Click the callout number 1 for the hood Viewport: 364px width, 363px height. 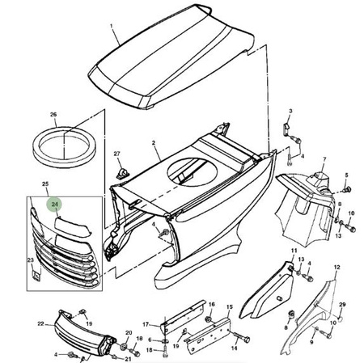pyautogui.click(x=112, y=26)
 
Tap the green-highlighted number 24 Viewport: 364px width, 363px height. pyautogui.click(x=55, y=205)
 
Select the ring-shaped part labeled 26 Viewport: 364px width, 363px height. pyautogui.click(x=64, y=147)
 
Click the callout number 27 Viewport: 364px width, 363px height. pyautogui.click(x=116, y=154)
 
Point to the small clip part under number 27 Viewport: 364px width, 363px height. pyautogui.click(x=123, y=173)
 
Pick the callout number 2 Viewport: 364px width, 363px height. pyautogui.click(x=154, y=142)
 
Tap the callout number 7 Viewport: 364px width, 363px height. pyautogui.click(x=324, y=159)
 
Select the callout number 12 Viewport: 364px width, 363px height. pyautogui.click(x=336, y=268)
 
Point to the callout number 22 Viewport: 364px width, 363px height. pyautogui.click(x=40, y=323)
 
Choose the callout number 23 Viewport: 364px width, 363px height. pyautogui.click(x=30, y=260)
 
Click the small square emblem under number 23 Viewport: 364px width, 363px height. pyautogui.click(x=36, y=275)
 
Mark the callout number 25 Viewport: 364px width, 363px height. pyautogui.click(x=45, y=184)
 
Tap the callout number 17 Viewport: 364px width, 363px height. pyautogui.click(x=146, y=324)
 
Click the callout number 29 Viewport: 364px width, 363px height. pyautogui.click(x=342, y=305)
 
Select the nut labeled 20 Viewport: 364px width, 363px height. pyautogui.click(x=125, y=346)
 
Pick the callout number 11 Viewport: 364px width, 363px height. pyautogui.click(x=294, y=251)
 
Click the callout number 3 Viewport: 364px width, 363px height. pyautogui.click(x=290, y=111)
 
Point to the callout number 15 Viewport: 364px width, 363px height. pyautogui.click(x=230, y=307)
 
